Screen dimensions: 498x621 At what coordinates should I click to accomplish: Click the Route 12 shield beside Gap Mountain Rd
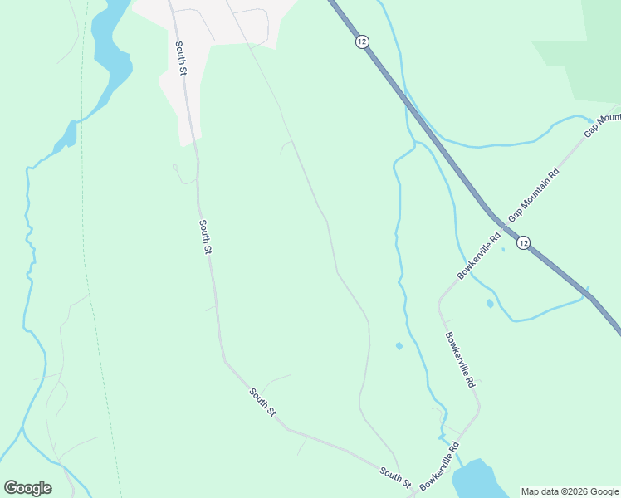tap(522, 242)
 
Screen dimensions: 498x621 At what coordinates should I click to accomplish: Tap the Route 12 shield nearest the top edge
tap(361, 41)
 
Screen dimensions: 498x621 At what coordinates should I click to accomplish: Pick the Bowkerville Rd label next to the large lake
tap(439, 466)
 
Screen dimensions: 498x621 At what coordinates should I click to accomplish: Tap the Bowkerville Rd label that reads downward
tap(459, 360)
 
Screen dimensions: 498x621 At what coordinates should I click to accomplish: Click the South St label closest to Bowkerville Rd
tap(395, 476)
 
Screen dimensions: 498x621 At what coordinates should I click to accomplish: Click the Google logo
tap(27, 488)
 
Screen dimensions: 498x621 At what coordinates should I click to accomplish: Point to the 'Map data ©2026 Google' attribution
tap(570, 491)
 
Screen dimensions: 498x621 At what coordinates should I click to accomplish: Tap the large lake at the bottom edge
tap(478, 480)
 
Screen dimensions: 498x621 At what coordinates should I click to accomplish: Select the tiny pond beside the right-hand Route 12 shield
tap(503, 249)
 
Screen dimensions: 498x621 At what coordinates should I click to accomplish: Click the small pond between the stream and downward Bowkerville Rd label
tap(399, 345)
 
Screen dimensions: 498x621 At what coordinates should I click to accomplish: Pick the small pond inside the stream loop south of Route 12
tap(490, 304)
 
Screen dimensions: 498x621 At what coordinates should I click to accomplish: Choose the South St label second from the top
tap(207, 237)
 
